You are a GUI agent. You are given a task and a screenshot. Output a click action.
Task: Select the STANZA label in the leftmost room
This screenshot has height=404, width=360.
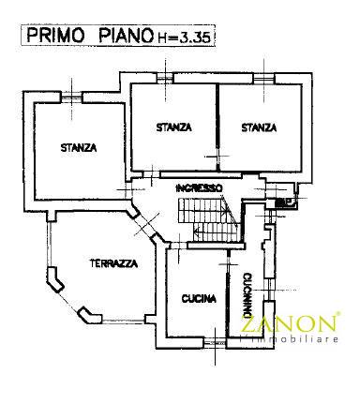tap(79, 146)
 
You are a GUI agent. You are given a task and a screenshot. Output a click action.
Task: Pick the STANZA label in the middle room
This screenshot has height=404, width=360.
tap(173, 127)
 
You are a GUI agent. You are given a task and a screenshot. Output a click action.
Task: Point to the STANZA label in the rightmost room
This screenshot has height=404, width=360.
tap(257, 127)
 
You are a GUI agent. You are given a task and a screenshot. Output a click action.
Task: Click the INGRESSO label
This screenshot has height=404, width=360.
tap(199, 188)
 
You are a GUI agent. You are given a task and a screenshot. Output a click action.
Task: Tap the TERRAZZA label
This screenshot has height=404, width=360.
tap(114, 262)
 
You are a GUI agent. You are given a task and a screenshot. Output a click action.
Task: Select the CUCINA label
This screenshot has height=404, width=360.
tap(199, 300)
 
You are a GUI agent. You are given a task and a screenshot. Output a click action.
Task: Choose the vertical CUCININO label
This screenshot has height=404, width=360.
tap(245, 292)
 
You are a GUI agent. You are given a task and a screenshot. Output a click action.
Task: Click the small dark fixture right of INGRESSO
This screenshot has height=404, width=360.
tap(282, 201)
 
